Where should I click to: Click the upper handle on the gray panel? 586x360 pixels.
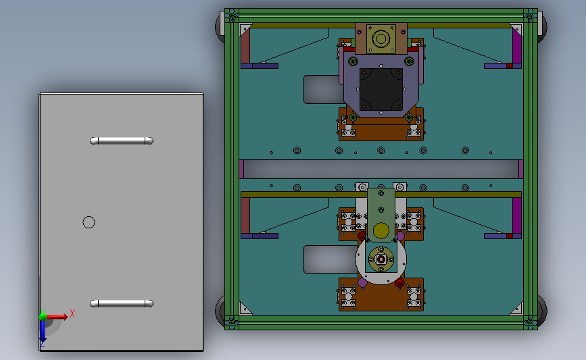[122, 140]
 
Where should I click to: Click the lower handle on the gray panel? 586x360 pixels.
[122, 304]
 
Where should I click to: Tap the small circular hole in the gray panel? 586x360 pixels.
[89, 222]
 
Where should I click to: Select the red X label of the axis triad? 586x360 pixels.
[72, 313]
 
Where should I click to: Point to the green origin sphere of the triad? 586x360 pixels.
[43, 317]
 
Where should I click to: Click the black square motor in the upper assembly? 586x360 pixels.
[381, 90]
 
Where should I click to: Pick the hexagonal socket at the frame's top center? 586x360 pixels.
[381, 39]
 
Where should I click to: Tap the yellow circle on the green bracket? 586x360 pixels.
[381, 230]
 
